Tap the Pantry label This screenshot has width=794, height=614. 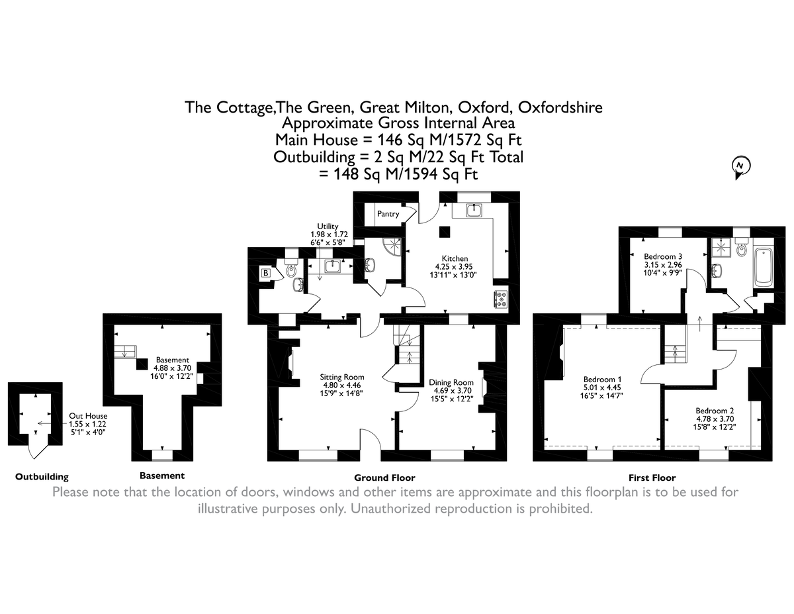coord(388,214)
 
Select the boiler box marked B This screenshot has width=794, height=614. coord(266,272)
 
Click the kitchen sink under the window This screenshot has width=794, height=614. coord(474,211)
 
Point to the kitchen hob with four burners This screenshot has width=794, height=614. coord(500,300)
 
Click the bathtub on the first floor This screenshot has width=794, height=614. coord(764,266)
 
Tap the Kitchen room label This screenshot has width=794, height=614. coord(455,258)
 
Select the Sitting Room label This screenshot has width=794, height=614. coord(342,377)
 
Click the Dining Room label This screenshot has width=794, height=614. coord(451,382)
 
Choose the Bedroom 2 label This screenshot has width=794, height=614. coord(711,409)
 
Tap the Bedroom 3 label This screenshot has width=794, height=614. coord(663,256)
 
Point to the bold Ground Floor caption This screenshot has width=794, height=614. coord(384,478)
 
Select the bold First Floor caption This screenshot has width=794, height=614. coord(652,478)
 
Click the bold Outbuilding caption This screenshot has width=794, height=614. coord(42,476)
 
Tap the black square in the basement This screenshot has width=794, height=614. coord(142,364)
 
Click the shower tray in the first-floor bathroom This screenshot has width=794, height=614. coord(719,247)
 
